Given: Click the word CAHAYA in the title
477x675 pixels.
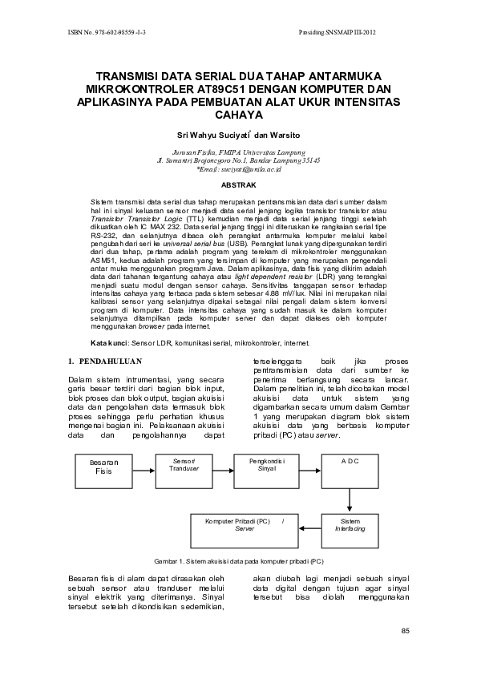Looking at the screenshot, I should [x=238, y=115].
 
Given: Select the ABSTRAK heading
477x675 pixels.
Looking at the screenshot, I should [x=238, y=184].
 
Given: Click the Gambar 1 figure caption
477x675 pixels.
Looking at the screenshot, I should [x=238, y=561].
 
